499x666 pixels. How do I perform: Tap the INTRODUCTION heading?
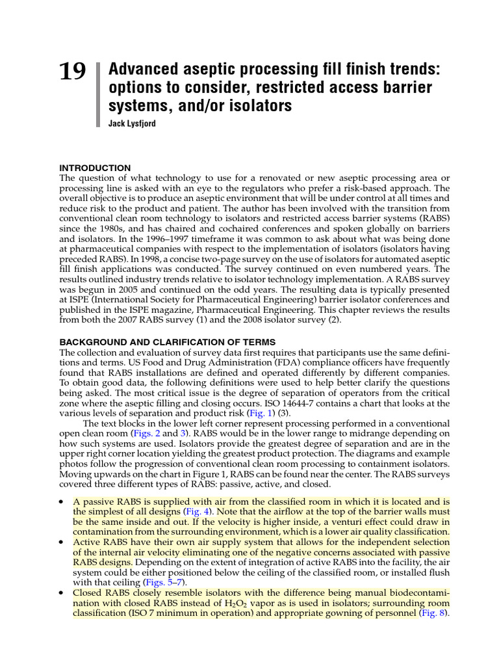tap(95, 168)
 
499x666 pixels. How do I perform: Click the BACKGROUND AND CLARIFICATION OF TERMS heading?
tap(168, 342)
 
